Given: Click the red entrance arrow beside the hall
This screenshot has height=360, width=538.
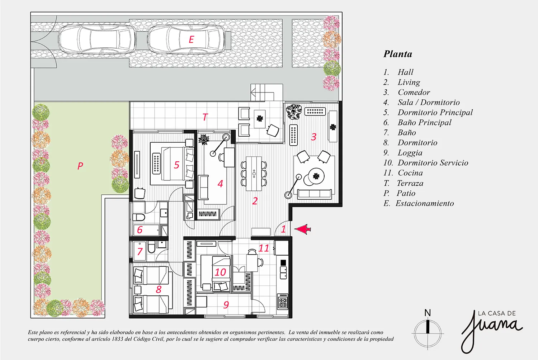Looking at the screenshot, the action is (x=303, y=229).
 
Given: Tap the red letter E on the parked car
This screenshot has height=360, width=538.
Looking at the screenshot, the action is (x=191, y=39).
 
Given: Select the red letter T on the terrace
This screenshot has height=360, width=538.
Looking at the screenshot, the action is (x=205, y=117).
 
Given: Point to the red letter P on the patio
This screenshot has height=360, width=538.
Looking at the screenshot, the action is (x=80, y=166).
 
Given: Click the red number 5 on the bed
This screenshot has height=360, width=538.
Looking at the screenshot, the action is (x=176, y=165).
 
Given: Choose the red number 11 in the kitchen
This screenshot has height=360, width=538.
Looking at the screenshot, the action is (x=264, y=248).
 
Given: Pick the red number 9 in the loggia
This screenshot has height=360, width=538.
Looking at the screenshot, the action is (x=226, y=305).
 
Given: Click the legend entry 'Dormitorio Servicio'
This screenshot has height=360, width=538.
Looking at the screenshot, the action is (x=433, y=163).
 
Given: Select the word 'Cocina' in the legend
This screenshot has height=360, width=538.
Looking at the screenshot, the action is (x=410, y=173).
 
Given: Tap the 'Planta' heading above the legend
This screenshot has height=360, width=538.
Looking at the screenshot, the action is (x=398, y=54).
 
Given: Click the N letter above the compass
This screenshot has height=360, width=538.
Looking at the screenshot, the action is (x=428, y=313).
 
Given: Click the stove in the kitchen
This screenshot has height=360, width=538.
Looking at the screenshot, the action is (x=283, y=301).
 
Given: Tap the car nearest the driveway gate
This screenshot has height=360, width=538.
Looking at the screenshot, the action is (x=96, y=39).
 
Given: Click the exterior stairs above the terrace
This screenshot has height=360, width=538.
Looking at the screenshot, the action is (x=266, y=93).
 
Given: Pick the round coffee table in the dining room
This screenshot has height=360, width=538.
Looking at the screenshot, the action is (x=316, y=176).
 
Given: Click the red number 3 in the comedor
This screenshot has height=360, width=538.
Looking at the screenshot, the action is (x=314, y=137).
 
